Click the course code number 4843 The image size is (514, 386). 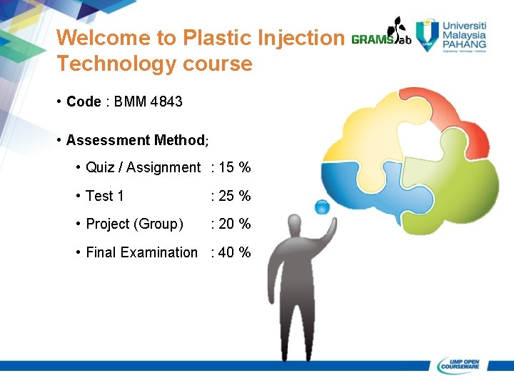click(x=166, y=102)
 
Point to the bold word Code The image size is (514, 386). click(x=84, y=102)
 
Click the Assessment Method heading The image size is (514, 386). click(x=136, y=140)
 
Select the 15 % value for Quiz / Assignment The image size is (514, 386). click(x=233, y=167)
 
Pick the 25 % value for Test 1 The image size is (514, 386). click(x=233, y=196)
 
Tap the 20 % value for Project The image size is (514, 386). click(x=233, y=224)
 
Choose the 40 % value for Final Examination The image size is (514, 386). click(x=233, y=252)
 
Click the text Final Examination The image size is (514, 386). click(x=141, y=252)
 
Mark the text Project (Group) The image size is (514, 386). click(x=134, y=224)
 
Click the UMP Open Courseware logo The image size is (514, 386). click(x=461, y=365)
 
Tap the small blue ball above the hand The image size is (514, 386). click(x=322, y=207)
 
